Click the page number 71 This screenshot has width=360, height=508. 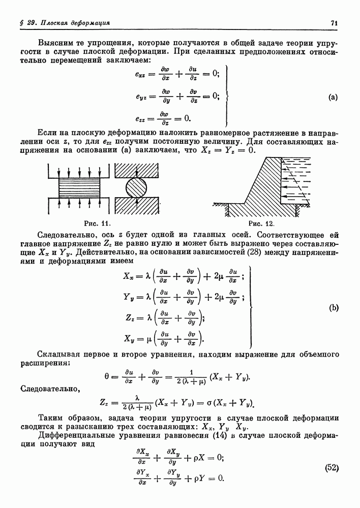[x=334, y=23]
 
